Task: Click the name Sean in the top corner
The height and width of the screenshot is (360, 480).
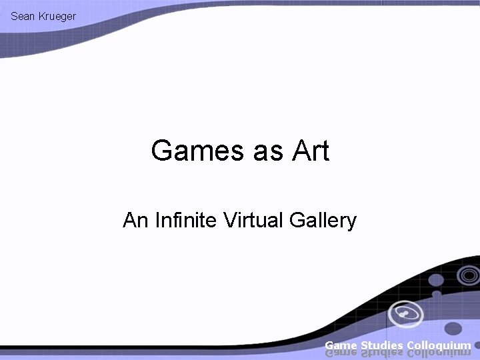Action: [22, 15]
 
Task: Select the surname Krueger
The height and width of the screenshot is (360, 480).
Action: [55, 15]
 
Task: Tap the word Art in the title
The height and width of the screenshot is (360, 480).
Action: [310, 151]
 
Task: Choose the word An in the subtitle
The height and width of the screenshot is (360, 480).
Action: [134, 220]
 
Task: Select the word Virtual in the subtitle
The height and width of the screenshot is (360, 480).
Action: [252, 220]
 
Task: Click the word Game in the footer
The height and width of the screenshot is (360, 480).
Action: [341, 345]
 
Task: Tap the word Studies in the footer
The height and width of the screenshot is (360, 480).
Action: [381, 345]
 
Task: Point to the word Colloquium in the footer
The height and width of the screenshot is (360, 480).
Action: [439, 345]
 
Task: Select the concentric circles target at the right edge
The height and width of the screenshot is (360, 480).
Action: [469, 275]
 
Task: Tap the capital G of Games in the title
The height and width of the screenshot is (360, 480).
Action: [163, 151]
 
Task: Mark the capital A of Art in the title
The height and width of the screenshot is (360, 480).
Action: [299, 151]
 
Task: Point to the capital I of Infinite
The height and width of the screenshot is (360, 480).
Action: [157, 220]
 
